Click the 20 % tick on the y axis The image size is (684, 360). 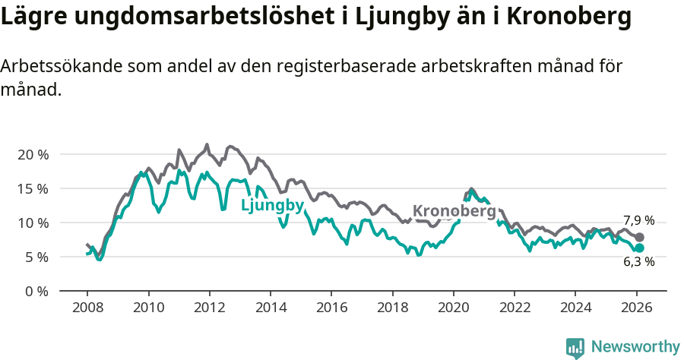click(33, 154)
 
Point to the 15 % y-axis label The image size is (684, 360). click(33, 188)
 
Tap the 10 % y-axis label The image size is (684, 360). click(33, 223)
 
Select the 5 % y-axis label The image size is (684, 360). click(36, 257)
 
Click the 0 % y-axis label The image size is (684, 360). click(36, 291)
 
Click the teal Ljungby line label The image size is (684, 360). click(272, 205)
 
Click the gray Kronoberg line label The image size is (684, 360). click(454, 211)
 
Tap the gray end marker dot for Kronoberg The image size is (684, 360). click(639, 238)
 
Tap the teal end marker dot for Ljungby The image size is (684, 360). click(639, 248)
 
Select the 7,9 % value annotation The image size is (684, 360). click(638, 220)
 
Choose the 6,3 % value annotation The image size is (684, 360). click(638, 262)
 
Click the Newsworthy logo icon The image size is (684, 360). click(575, 347)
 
